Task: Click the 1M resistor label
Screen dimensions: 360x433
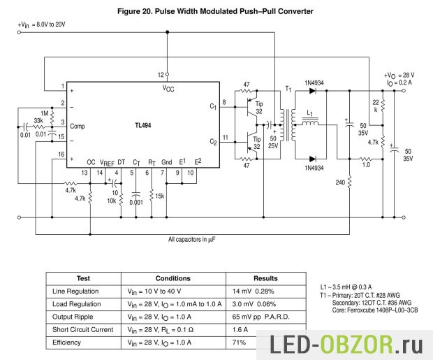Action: (45, 113)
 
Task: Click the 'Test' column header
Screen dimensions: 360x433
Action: (82, 278)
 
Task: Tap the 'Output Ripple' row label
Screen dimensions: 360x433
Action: (76, 317)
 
